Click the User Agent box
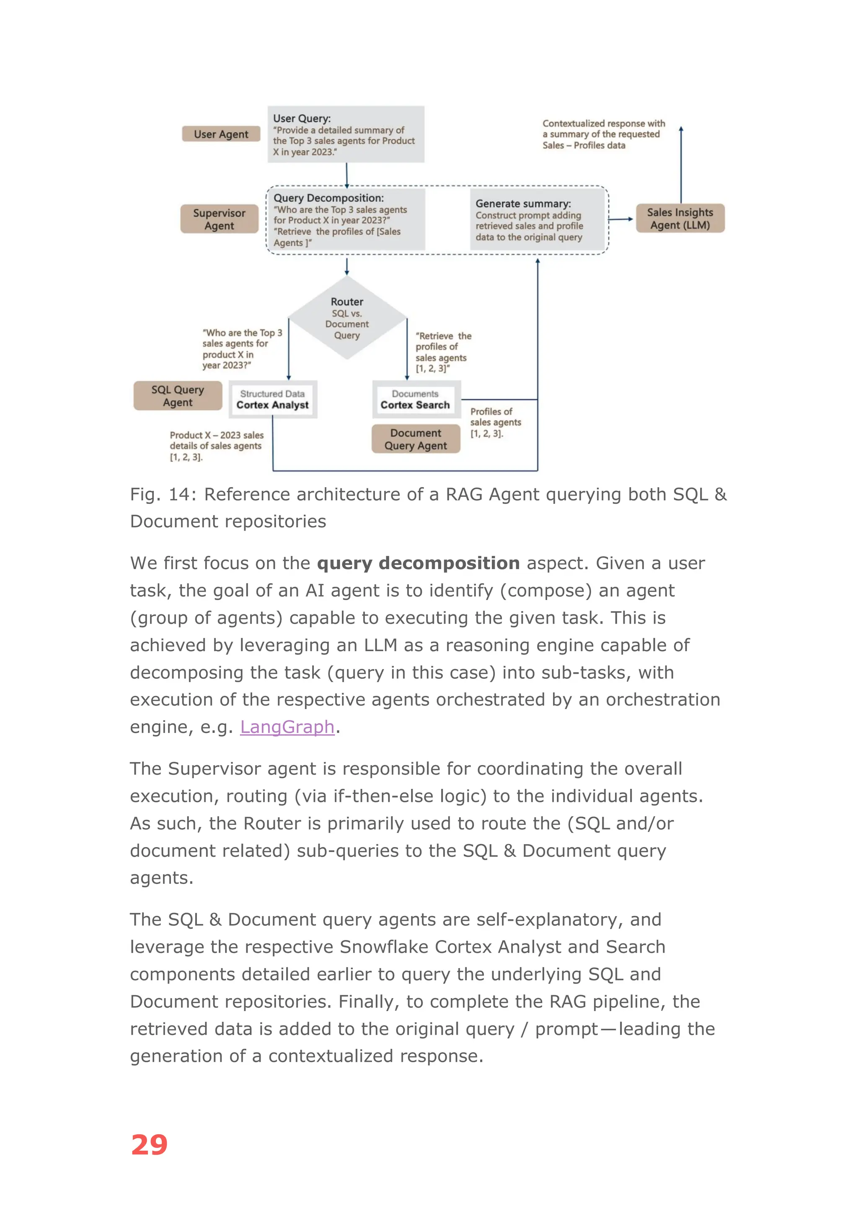221,134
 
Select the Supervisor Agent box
219,219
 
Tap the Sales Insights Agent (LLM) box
680,218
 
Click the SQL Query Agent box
178,396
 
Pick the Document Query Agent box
416,439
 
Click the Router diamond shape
347,318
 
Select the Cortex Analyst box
273,400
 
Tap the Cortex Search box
416,400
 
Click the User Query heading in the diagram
302,118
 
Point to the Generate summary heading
523,204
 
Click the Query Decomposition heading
328,198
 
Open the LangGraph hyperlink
287,727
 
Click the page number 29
149,1145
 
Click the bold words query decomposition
418,563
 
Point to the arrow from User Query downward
346,175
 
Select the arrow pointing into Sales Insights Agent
621,219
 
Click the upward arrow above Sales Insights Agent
681,164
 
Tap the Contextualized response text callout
603,134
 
